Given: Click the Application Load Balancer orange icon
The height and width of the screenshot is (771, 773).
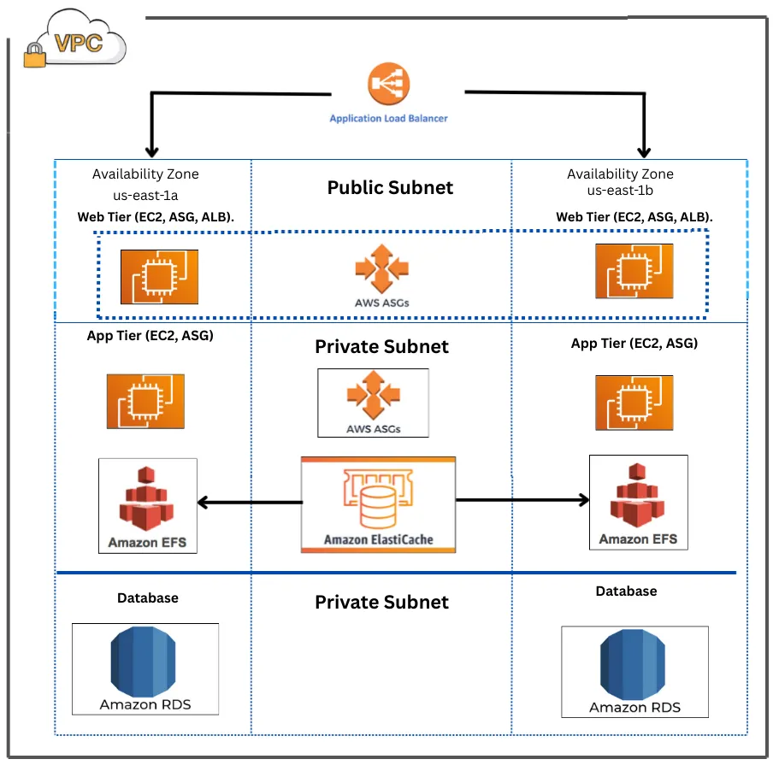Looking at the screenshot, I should (x=389, y=85).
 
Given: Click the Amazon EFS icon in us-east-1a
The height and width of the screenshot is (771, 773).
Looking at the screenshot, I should (x=148, y=505).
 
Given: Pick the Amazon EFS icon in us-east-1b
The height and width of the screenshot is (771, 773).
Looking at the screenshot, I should (x=638, y=502).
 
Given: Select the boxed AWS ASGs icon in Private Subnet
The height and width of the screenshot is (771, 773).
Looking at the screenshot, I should (x=374, y=403).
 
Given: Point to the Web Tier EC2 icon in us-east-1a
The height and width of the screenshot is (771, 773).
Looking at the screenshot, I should (x=159, y=278).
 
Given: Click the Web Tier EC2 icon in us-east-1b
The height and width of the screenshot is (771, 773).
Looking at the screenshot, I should (x=634, y=271).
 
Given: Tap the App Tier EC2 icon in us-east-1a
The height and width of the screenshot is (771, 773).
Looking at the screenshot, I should (x=145, y=402).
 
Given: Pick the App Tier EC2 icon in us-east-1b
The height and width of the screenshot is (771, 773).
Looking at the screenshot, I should (x=634, y=402).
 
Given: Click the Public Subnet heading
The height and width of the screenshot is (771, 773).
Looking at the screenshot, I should (x=390, y=187).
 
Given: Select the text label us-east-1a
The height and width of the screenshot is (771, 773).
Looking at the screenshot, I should (x=145, y=195).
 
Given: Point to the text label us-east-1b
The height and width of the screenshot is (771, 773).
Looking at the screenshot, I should (x=621, y=191).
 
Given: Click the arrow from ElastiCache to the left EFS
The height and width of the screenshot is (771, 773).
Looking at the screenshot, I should (x=249, y=502).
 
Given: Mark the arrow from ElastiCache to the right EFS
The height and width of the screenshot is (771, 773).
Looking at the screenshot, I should (x=522, y=499).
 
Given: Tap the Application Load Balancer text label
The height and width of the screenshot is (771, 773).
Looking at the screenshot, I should (x=388, y=118).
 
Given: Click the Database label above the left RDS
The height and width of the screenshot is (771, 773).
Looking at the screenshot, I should (x=148, y=597).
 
